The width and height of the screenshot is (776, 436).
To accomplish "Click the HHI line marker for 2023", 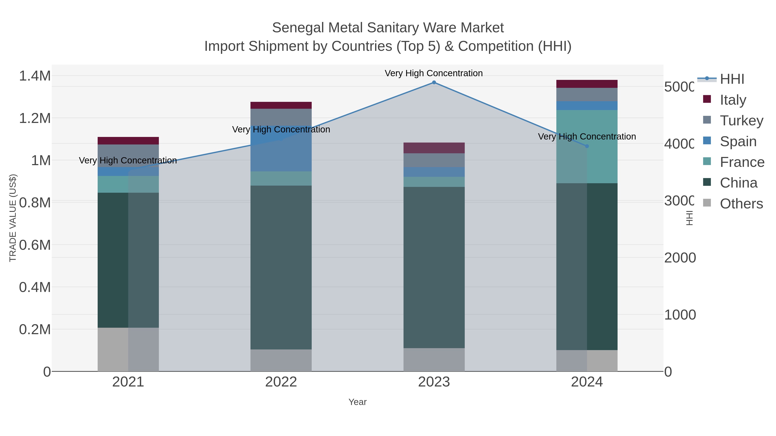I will pos(434,82).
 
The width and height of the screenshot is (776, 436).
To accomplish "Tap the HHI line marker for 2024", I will pos(587,146).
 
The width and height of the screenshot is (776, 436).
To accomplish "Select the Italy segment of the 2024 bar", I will pos(587,84).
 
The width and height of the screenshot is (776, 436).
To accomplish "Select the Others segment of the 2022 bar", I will pos(281,360).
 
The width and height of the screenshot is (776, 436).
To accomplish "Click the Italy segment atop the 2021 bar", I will pos(128,141).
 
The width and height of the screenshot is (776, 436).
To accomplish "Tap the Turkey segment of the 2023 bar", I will pos(434,160).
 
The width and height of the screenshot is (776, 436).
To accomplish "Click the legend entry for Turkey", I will pos(741,121).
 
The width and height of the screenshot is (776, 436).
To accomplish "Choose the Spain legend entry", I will pos(738,141).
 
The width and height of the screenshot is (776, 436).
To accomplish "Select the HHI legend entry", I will pos(732,79).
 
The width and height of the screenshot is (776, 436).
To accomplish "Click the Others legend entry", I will pos(741,204).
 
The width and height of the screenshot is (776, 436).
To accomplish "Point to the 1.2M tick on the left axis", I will pos(35,118).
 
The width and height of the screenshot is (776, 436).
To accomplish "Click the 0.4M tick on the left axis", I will pos(35,287).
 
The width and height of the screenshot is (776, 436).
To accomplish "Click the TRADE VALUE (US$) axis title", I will pos(13,218).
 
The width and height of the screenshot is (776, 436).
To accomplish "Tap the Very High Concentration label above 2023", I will pos(433,73).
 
